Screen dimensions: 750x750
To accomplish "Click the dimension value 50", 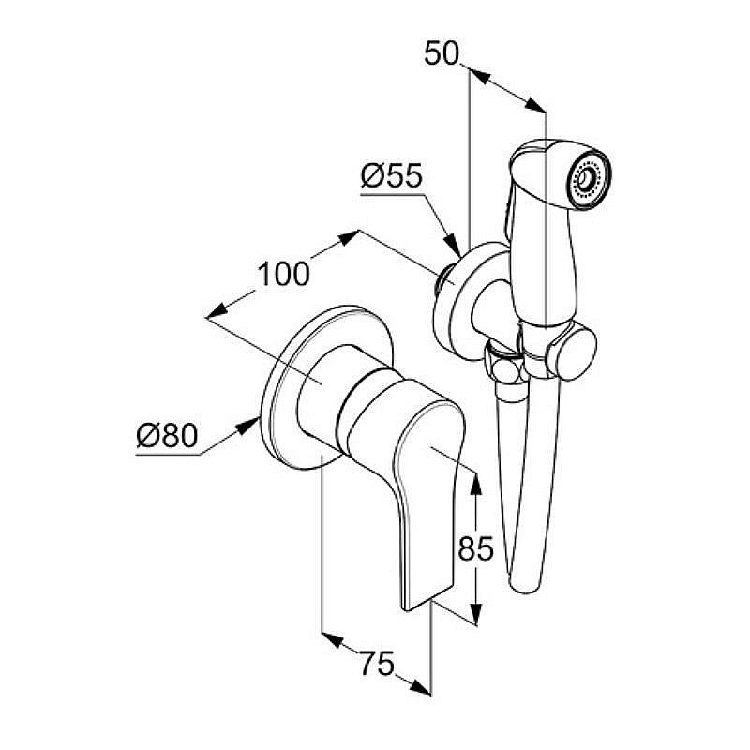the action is tap(441, 53).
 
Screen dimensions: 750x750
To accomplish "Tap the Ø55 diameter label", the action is tap(392, 176).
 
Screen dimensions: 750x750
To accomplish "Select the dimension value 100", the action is tap(284, 274).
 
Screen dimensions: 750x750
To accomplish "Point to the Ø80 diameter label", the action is tap(167, 436).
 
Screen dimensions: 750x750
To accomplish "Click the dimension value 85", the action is tap(475, 548).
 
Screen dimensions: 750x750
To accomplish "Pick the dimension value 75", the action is tap(378, 664).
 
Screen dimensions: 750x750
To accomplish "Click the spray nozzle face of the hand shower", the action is tap(589, 181).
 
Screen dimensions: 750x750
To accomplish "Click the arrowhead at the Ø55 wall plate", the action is tap(453, 245).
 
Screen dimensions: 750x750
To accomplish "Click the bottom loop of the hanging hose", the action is tap(526, 581).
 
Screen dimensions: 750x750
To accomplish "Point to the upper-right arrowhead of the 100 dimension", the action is tap(347, 238).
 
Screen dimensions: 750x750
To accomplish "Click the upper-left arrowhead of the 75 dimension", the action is tap(334, 640).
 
